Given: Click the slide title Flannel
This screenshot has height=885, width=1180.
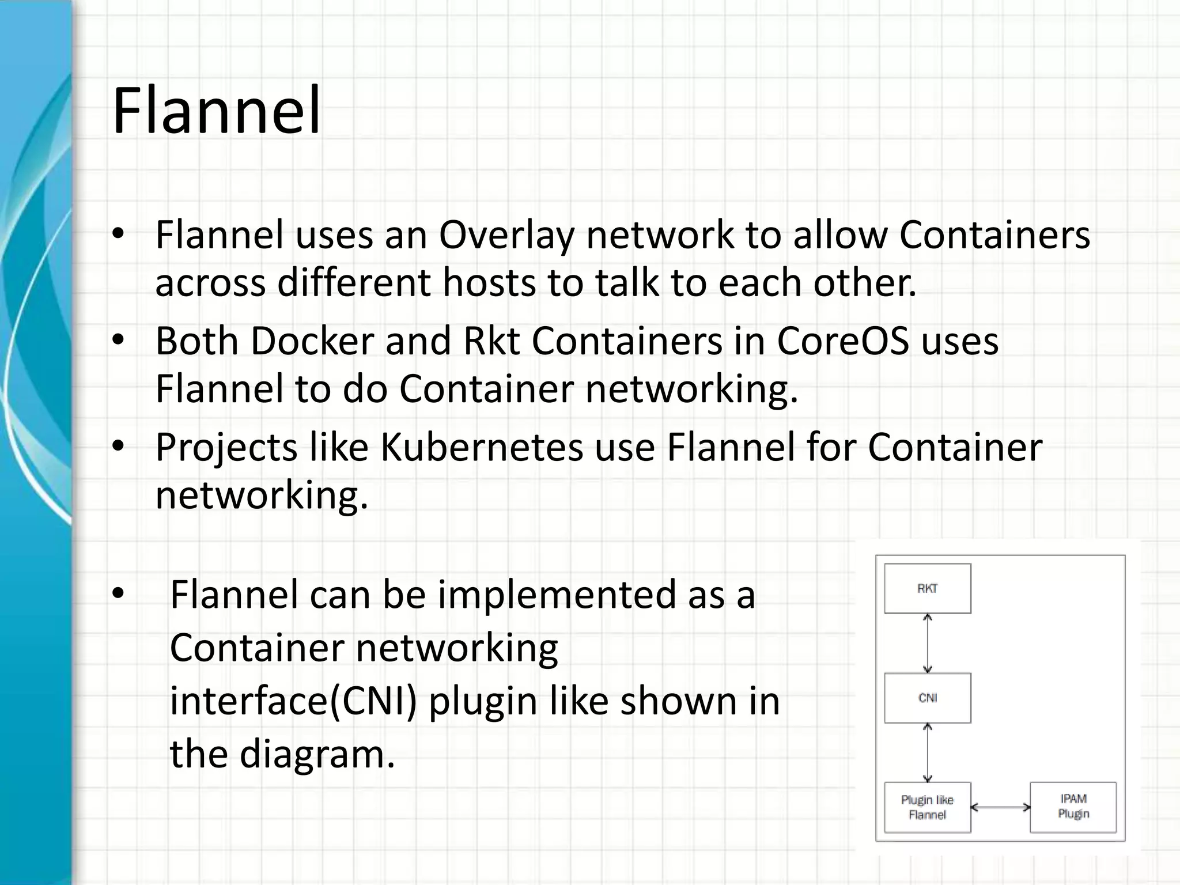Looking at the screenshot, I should tap(216, 111).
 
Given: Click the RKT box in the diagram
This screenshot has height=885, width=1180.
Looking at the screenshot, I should tap(927, 588).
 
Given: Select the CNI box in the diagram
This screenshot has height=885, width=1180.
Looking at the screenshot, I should tap(927, 698).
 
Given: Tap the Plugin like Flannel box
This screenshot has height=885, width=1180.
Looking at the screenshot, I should tap(927, 807).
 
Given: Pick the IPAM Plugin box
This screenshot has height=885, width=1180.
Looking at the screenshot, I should tap(1073, 806).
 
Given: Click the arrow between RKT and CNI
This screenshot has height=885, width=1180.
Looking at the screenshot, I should tap(927, 643).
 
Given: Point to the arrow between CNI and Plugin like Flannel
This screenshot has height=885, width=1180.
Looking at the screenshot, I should tap(927, 752).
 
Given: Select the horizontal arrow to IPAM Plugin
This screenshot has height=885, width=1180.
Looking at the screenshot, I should tap(1000, 807).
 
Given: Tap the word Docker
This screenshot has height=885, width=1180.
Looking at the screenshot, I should tap(312, 341).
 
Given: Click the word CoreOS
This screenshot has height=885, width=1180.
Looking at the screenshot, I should tap(843, 341).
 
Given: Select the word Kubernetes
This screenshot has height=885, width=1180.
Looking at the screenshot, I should tap(482, 447).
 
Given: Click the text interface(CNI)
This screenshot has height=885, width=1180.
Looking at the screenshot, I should tap(293, 701).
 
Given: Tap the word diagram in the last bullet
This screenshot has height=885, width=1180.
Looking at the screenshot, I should tap(317, 754).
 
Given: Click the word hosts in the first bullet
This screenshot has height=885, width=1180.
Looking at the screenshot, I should tap(489, 283).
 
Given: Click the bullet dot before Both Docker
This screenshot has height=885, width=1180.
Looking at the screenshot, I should tap(118, 339).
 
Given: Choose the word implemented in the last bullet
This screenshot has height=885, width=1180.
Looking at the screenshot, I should tap(557, 595).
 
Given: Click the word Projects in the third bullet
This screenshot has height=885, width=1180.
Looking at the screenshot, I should tap(226, 448).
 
